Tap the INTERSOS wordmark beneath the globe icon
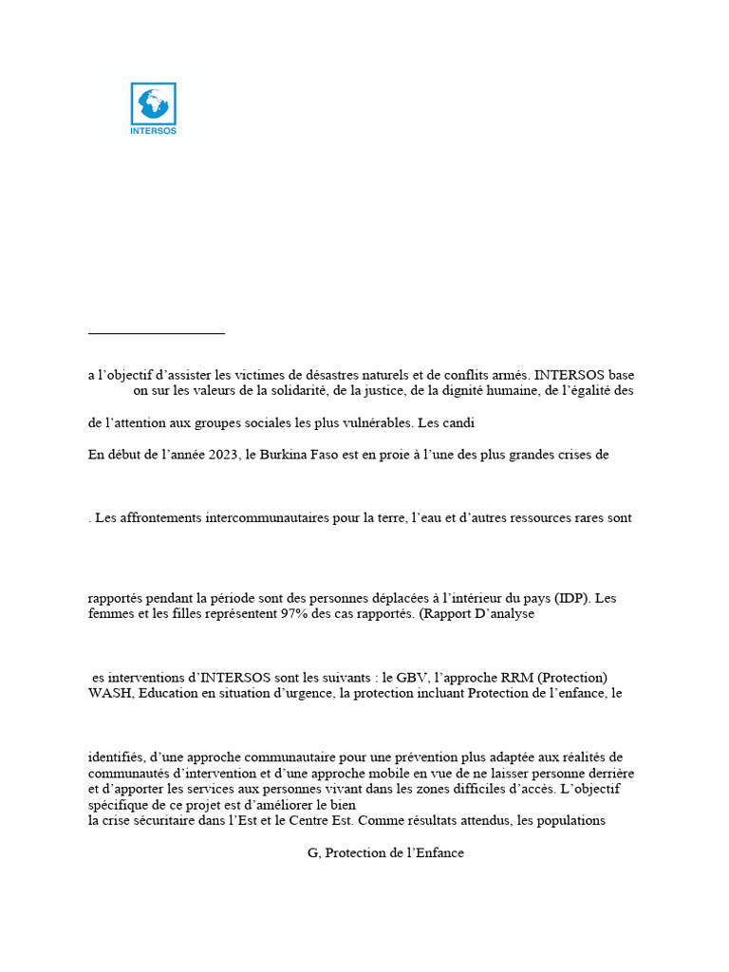tap(153, 131)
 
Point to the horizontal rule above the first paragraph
tap(156, 333)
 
